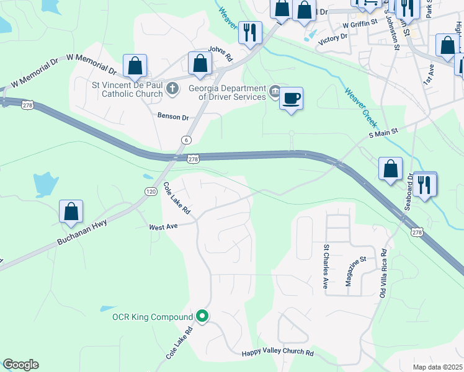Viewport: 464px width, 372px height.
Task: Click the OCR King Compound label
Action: pos(153,317)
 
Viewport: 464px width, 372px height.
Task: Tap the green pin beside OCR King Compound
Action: pos(202,316)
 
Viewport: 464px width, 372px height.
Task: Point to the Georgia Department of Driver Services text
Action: pos(227,92)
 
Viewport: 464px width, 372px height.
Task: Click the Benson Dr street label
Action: pos(173,117)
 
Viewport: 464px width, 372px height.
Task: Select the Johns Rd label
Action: pos(220,54)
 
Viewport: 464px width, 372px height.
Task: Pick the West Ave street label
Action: pos(164,227)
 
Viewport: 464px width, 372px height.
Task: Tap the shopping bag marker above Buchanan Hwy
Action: pos(71,211)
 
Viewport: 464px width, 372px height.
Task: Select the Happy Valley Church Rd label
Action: pos(277,353)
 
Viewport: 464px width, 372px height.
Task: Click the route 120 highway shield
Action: pos(151,192)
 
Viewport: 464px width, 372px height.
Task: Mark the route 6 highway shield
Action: pos(187,140)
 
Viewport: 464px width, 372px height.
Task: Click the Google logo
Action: pos(20,365)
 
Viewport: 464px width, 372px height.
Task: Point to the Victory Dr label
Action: pos(333,38)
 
